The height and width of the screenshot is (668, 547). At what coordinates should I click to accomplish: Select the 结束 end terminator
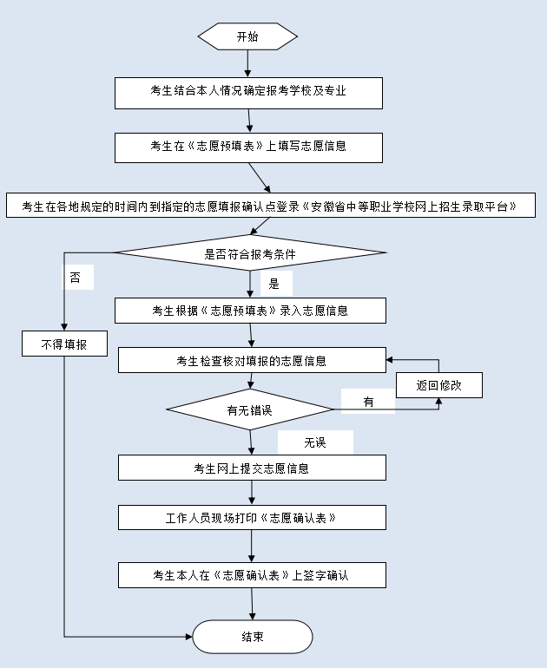[x=252, y=637]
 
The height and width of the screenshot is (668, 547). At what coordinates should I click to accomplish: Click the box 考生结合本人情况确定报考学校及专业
[x=248, y=93]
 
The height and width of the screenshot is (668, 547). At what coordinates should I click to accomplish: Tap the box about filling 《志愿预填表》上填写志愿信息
[x=248, y=147]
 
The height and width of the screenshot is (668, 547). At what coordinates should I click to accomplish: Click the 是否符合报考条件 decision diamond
[x=250, y=253]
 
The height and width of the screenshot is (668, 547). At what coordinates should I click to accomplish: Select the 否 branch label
[x=77, y=278]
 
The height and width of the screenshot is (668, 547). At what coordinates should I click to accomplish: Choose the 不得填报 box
[x=64, y=344]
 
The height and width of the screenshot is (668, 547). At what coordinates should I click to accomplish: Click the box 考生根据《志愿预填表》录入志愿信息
[x=250, y=311]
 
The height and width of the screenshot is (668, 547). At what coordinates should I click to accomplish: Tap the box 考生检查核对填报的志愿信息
[x=252, y=360]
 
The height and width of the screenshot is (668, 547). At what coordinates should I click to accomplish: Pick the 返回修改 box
[x=438, y=384]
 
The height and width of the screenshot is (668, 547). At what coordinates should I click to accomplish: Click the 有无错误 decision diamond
[x=250, y=410]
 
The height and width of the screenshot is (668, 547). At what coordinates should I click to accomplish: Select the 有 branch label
[x=368, y=402]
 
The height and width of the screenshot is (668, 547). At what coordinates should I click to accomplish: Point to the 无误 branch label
[x=314, y=442]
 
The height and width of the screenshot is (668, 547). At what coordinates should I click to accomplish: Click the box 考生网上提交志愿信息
[x=252, y=468]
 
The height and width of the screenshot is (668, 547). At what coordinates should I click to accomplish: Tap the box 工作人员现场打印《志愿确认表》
[x=252, y=517]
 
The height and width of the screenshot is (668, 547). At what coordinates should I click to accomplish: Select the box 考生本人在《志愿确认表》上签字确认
[x=252, y=574]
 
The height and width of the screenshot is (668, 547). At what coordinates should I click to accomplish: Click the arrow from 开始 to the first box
[x=247, y=62]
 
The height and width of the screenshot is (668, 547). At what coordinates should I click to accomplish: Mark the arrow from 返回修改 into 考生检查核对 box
[x=412, y=359]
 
